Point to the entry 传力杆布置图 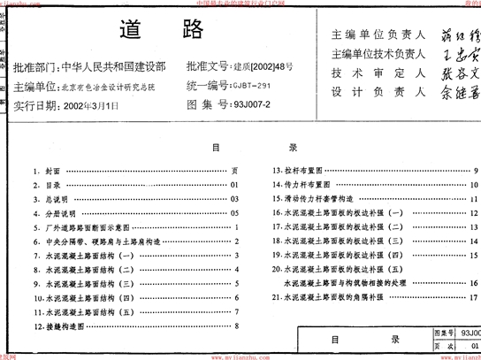pos(305,185)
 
